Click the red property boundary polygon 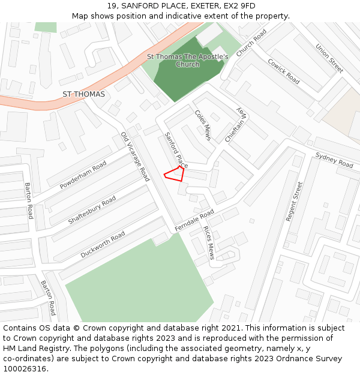point(175,173)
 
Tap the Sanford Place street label point(176,150)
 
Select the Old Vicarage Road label point(135,157)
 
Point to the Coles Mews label point(203,125)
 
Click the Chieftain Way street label point(236,125)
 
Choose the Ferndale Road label point(194,221)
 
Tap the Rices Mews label point(209,243)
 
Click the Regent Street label point(294,202)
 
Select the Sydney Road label point(334,160)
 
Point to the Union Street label point(329,59)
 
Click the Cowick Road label point(284,71)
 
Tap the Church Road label point(251,44)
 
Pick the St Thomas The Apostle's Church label point(188,61)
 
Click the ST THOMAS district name point(83,94)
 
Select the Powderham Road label point(83,175)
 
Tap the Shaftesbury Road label point(92,210)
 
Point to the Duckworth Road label point(103,244)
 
